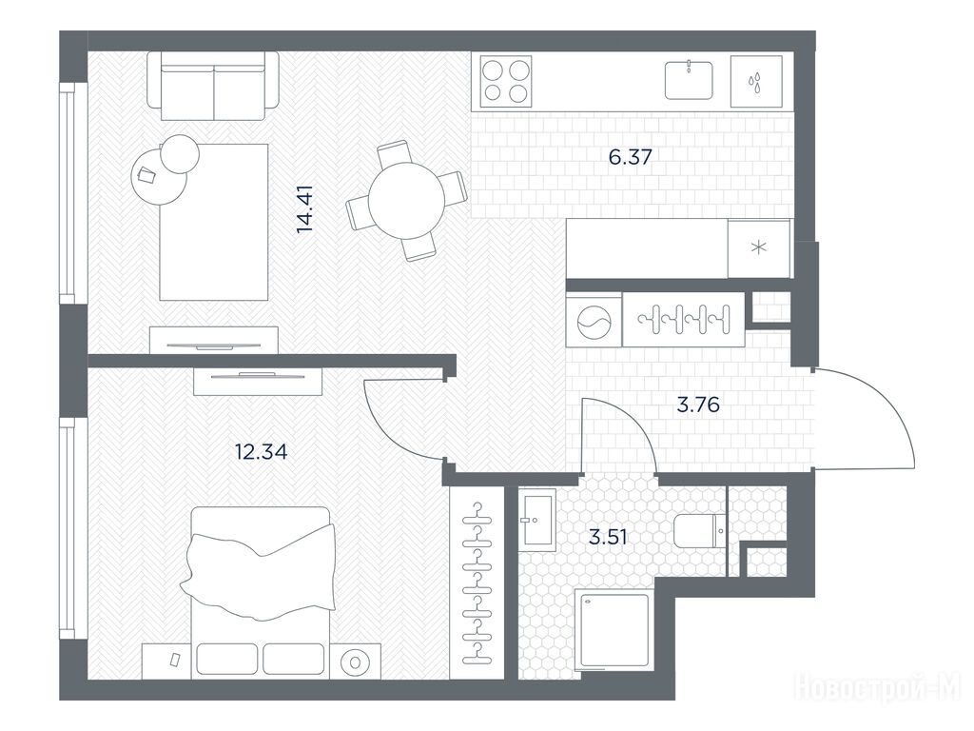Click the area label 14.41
[x=305, y=208]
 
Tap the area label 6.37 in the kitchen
[x=630, y=157]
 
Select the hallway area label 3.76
[x=697, y=405]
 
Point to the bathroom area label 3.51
[x=608, y=537]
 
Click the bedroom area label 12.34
[x=261, y=451]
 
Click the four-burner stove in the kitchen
[x=506, y=81]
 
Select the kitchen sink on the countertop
[x=689, y=80]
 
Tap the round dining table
[x=406, y=201]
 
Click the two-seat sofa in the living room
[x=213, y=86]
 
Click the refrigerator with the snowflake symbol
[x=759, y=248]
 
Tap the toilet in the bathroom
[x=699, y=531]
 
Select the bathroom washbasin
[x=537, y=517]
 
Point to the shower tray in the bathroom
[x=614, y=631]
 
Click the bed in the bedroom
[x=261, y=592]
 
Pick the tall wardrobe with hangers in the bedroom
[x=477, y=583]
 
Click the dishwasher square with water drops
[x=756, y=82]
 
